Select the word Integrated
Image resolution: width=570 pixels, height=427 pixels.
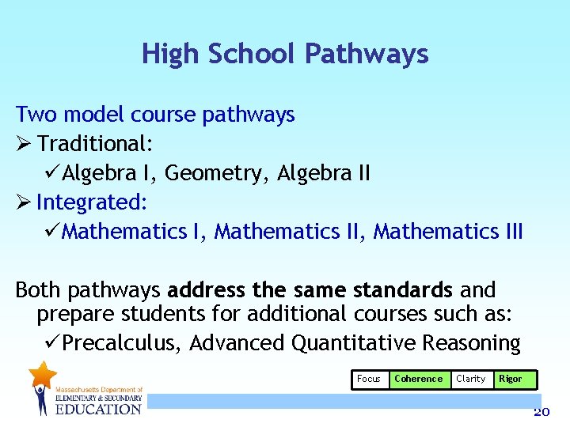[x=92, y=202]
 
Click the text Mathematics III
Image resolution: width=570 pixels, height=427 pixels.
[x=448, y=232]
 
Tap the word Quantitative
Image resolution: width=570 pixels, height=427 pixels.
[x=354, y=343]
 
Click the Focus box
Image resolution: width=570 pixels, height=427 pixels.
[x=369, y=380]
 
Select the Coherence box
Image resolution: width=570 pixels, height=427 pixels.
[x=418, y=380]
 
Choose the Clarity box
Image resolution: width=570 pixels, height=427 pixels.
[x=470, y=380]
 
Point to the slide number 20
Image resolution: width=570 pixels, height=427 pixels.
[x=541, y=412]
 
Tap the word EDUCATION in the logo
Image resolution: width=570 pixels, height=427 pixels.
[x=98, y=408]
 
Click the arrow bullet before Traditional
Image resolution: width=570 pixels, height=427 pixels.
[x=23, y=145]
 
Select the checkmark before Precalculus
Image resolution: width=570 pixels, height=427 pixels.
[x=52, y=343]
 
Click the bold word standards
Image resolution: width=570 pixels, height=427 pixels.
[x=404, y=289]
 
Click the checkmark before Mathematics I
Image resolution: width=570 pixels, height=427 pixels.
[x=52, y=232]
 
